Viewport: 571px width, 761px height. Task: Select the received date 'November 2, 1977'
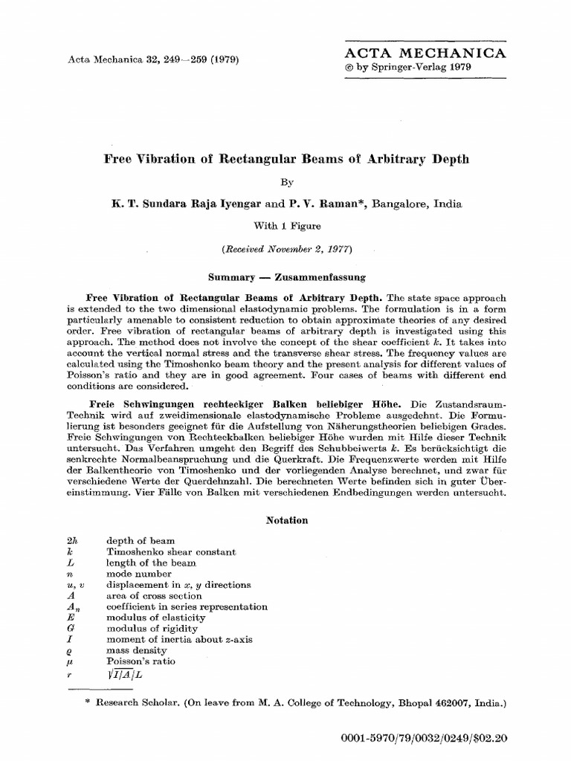[x=307, y=248]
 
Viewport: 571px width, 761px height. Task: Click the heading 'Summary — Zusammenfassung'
[x=286, y=276]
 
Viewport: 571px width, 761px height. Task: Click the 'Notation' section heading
[x=286, y=520]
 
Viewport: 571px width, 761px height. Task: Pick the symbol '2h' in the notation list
[x=72, y=541]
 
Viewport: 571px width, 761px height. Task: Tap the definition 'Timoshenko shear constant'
[x=172, y=552]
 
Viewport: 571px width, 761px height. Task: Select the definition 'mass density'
[x=138, y=650]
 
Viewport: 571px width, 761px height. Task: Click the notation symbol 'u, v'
[x=75, y=585]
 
